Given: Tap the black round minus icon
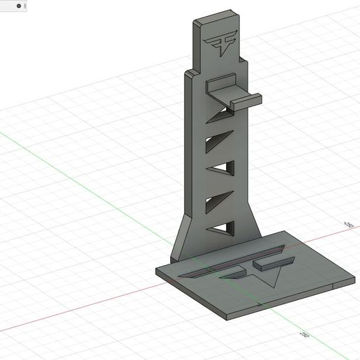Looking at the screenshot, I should point(19,6).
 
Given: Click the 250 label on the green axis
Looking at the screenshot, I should point(305,335).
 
